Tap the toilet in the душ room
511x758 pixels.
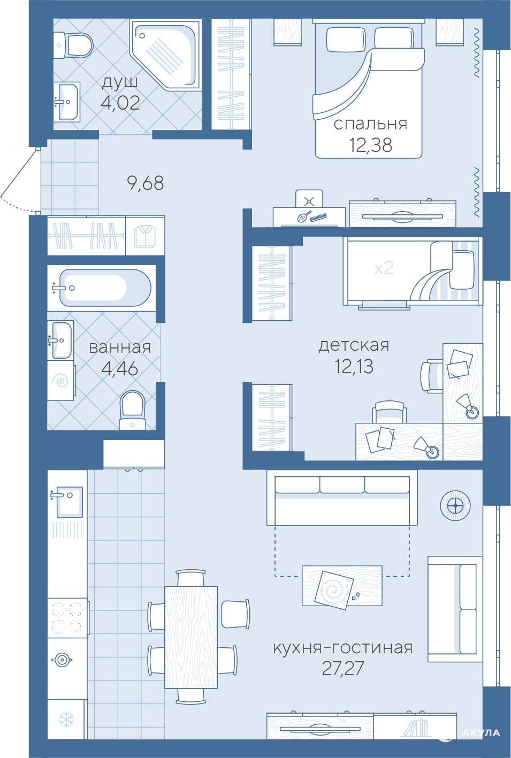click(x=74, y=45)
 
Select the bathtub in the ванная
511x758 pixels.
click(x=105, y=288)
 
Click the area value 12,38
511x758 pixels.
click(x=371, y=145)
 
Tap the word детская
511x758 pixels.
click(x=354, y=346)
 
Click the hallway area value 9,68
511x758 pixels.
click(x=146, y=183)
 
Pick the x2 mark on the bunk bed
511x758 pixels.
click(x=384, y=269)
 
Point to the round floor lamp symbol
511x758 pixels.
click(x=455, y=506)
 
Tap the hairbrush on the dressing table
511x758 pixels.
click(x=304, y=216)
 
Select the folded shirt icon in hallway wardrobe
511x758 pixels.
click(x=145, y=235)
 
